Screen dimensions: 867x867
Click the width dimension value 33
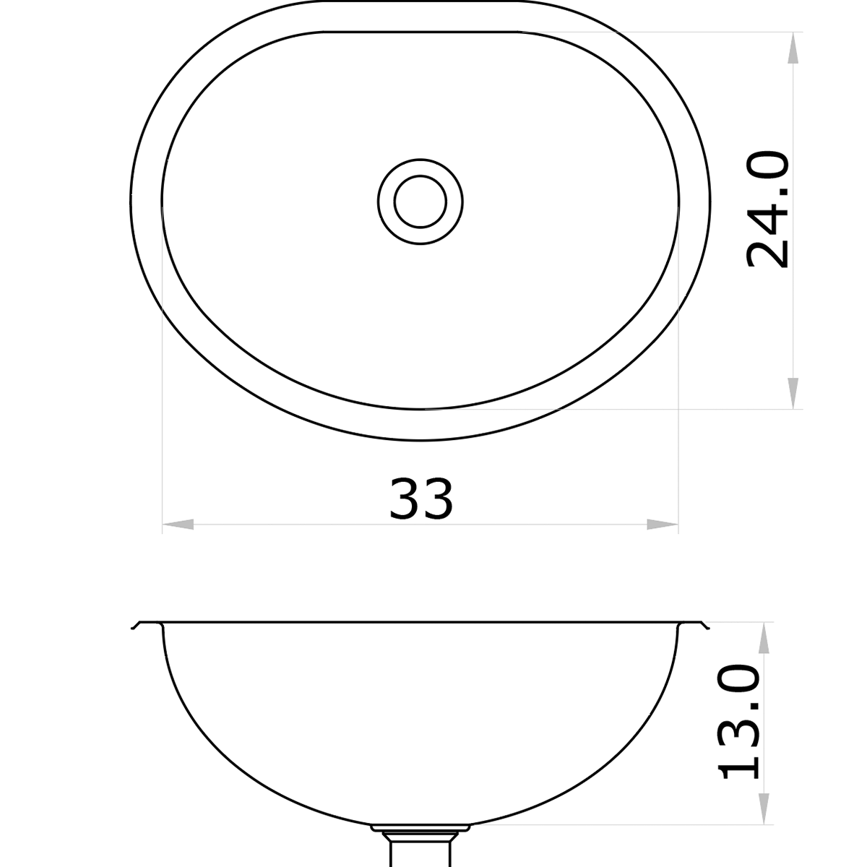421,499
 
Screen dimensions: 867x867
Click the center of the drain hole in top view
420,201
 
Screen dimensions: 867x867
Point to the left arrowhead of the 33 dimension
178,525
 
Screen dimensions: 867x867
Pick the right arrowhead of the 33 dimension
663,525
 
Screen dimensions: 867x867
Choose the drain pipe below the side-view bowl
420,849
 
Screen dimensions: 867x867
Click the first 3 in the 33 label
405,499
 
